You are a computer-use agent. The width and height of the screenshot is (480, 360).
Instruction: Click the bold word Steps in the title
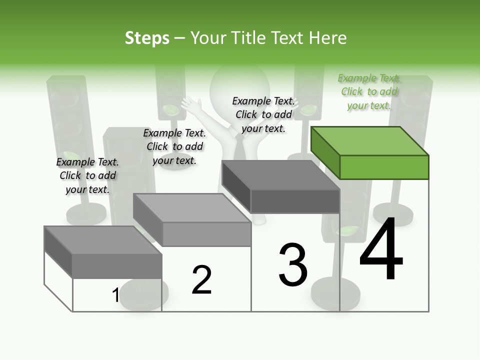[147, 38]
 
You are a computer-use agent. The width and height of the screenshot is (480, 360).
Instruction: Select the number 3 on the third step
[293, 265]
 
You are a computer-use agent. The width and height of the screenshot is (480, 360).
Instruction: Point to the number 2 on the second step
[201, 280]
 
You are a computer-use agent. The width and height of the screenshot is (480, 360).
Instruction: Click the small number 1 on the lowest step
[115, 295]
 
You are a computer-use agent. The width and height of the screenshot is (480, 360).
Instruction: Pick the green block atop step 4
[370, 152]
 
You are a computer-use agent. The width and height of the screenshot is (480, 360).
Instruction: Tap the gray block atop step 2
[192, 220]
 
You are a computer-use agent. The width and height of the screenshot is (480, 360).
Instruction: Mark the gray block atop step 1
[103, 252]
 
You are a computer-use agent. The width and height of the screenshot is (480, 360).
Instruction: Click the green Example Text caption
[369, 91]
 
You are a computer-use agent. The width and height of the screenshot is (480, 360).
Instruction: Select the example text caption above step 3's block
[263, 114]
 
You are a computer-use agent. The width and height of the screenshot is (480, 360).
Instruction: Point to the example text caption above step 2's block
[174, 146]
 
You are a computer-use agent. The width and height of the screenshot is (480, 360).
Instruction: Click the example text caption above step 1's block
[87, 175]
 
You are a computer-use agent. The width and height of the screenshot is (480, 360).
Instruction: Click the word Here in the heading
[327, 38]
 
